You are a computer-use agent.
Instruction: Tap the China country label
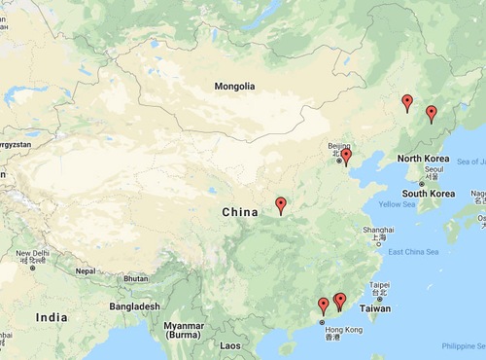click(x=240, y=212)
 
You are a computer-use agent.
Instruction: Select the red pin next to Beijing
click(x=345, y=157)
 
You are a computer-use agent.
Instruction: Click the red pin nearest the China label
click(x=281, y=205)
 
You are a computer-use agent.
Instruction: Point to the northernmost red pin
click(x=407, y=102)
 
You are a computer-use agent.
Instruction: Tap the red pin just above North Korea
click(x=432, y=115)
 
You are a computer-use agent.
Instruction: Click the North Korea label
click(x=423, y=158)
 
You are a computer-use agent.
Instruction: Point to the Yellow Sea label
click(x=397, y=204)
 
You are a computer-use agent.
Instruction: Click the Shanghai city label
click(x=379, y=230)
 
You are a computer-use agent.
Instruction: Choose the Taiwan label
click(x=376, y=307)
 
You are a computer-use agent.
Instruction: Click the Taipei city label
click(x=379, y=287)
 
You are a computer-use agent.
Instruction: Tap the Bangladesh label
click(x=134, y=306)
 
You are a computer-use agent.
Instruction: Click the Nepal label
click(x=87, y=271)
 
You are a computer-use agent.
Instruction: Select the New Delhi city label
click(x=31, y=255)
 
